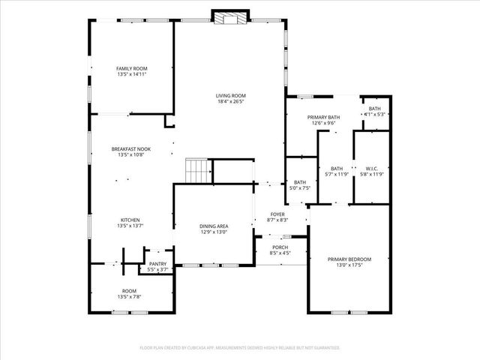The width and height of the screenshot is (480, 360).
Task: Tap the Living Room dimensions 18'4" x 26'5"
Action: (x=231, y=102)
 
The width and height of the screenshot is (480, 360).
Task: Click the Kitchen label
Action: (x=130, y=220)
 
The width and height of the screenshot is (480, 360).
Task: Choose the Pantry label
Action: (x=157, y=264)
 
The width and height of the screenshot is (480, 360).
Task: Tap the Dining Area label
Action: (x=214, y=226)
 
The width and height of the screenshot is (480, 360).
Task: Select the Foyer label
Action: (x=277, y=214)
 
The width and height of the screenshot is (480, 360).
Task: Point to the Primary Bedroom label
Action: (x=349, y=259)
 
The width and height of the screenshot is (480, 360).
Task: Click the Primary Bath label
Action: (x=323, y=118)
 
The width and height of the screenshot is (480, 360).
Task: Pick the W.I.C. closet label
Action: (x=371, y=168)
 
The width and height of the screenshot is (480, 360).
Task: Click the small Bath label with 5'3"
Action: (x=374, y=115)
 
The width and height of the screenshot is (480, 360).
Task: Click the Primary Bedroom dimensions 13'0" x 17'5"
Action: (x=349, y=265)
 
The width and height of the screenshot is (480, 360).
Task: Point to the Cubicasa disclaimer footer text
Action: (x=240, y=348)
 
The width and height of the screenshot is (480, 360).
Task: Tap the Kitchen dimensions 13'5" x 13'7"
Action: (x=130, y=226)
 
